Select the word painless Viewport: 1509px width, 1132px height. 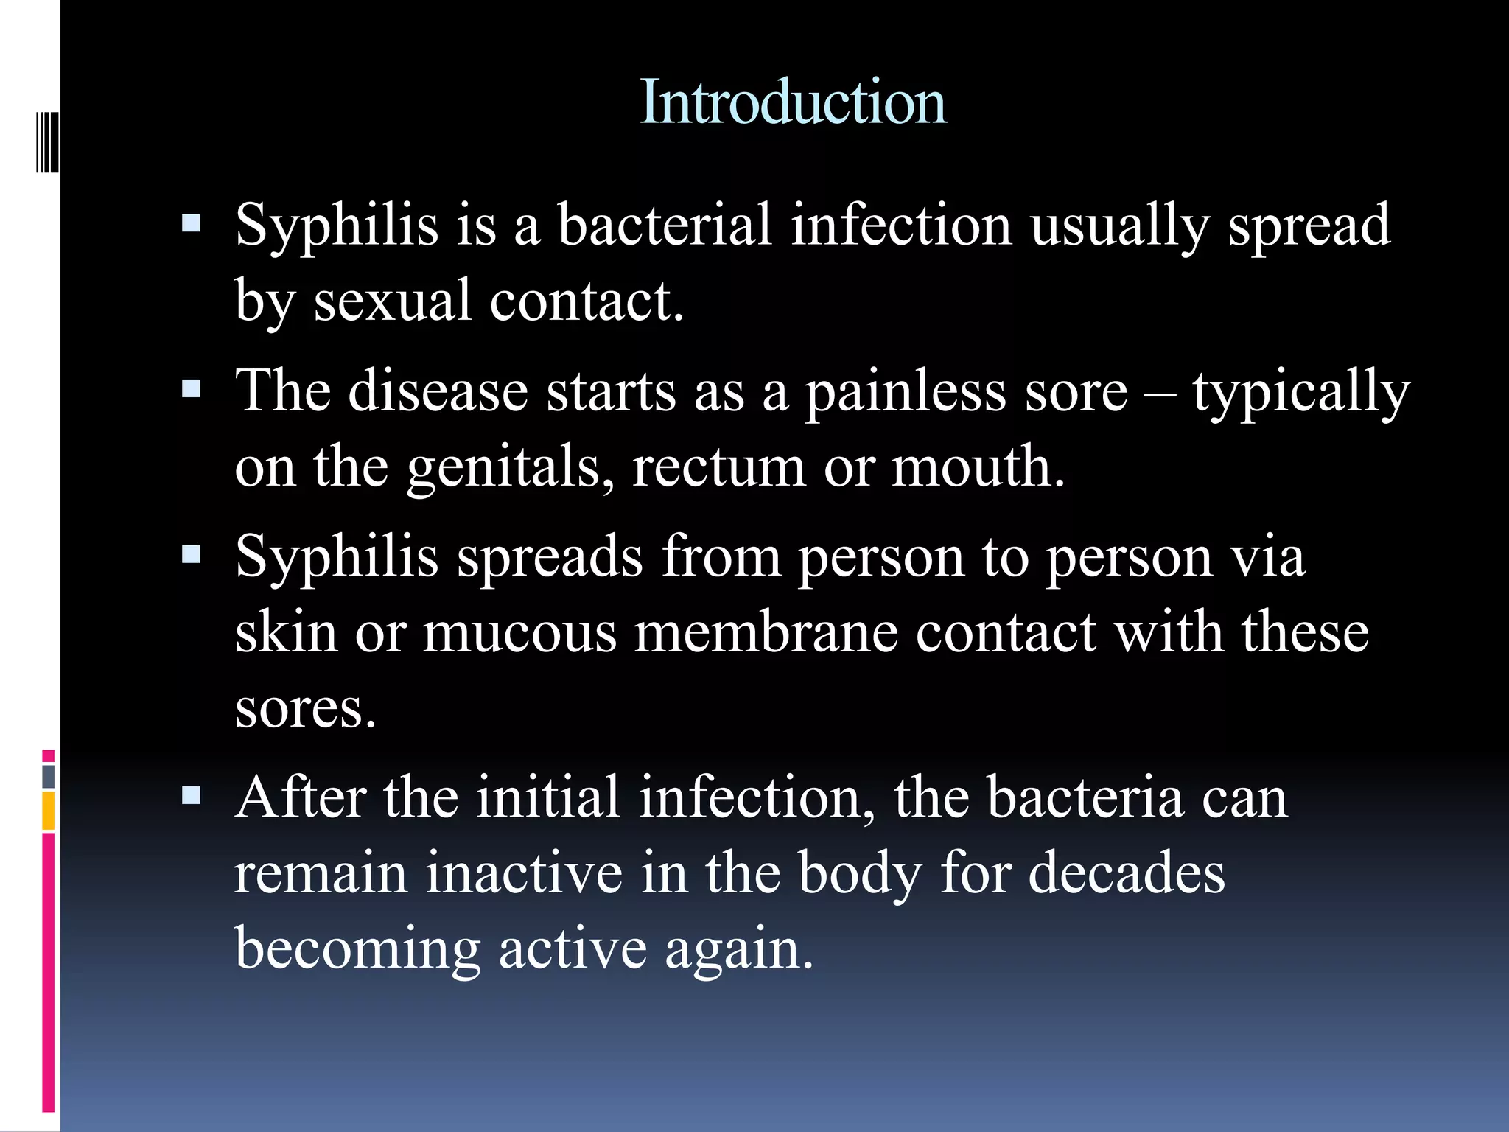tap(906, 391)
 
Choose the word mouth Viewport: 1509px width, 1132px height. tap(977, 467)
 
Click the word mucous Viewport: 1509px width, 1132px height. tap(519, 632)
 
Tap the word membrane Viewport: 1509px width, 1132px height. tap(766, 632)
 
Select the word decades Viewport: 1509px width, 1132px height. tap(1126, 873)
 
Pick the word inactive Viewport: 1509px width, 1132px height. tap(524, 873)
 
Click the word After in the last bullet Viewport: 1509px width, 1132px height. tap(301, 797)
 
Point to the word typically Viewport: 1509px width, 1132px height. tap(1300, 391)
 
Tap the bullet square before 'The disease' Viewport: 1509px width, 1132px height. tap(192, 388)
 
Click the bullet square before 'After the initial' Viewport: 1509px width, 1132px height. tap(192, 795)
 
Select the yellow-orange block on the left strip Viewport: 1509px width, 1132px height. tap(48, 811)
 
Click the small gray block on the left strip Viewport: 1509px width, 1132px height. tap(48, 776)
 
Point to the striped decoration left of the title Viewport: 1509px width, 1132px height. tap(47, 142)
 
